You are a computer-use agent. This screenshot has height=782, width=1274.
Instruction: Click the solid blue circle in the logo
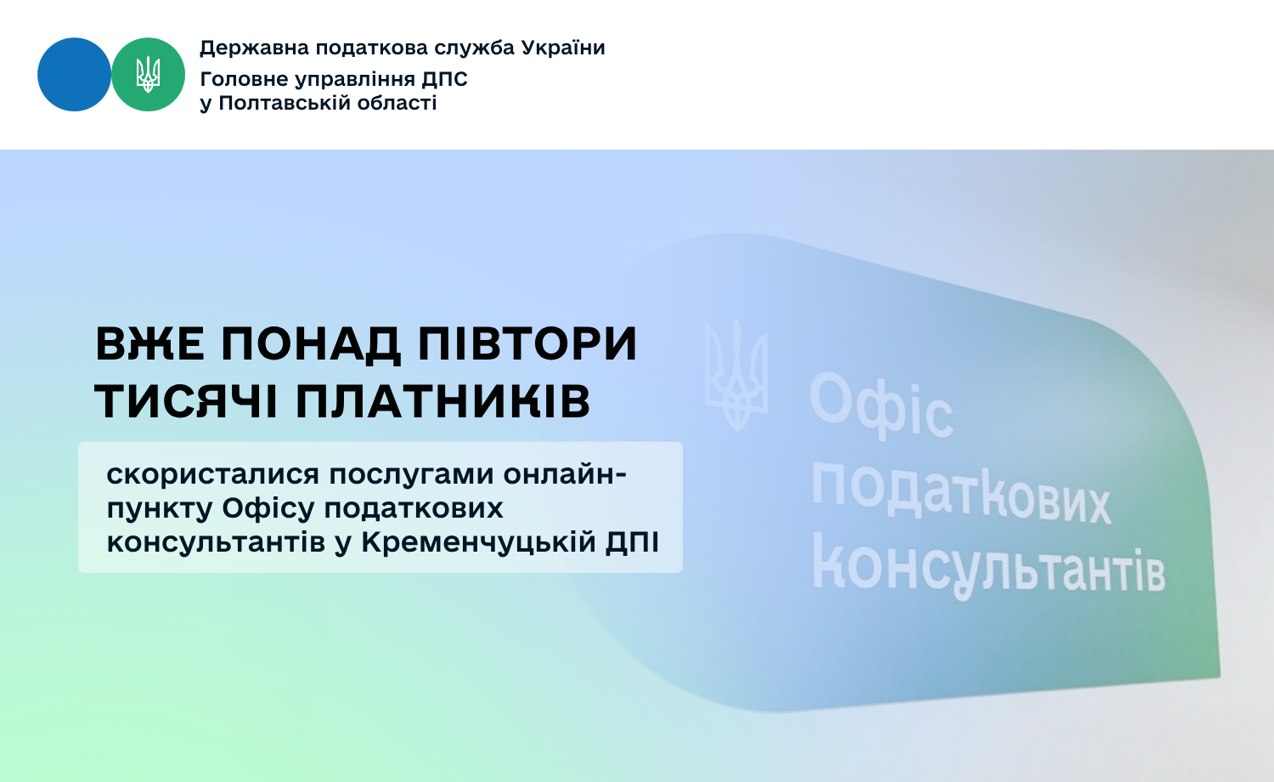(x=74, y=75)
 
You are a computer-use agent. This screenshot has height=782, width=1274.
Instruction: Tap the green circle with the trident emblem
(x=148, y=75)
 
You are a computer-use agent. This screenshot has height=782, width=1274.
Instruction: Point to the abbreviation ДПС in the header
(x=444, y=79)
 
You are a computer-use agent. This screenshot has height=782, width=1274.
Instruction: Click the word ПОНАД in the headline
(x=311, y=345)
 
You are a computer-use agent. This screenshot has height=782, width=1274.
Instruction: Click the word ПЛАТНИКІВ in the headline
(x=443, y=401)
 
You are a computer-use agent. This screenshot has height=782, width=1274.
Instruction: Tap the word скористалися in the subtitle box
(x=212, y=475)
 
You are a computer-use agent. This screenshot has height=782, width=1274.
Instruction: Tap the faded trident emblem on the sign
(x=736, y=376)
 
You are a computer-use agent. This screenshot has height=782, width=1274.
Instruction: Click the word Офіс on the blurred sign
(x=882, y=405)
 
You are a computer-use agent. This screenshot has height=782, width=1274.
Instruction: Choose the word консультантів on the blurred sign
(x=989, y=566)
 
